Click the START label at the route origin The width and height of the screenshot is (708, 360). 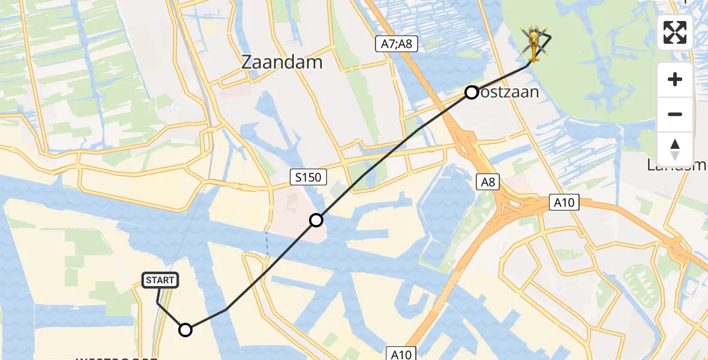tap(160, 280)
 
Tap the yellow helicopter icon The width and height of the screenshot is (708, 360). tap(534, 43)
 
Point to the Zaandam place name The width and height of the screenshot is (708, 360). tap(281, 62)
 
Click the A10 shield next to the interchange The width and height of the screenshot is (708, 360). tap(564, 203)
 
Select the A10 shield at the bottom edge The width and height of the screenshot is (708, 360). tap(399, 354)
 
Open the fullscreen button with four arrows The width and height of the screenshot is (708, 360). tap(675, 32)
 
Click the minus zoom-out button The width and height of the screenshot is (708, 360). tap(675, 114)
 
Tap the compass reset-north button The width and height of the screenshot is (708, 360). tap(675, 149)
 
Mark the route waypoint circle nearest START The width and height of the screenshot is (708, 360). tap(185, 330)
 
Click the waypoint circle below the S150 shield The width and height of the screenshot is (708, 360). tap(316, 220)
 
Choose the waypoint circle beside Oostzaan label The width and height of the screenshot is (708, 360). tap(472, 92)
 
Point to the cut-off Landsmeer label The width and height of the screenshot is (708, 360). tap(678, 165)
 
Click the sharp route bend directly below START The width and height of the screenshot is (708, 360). tap(158, 304)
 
